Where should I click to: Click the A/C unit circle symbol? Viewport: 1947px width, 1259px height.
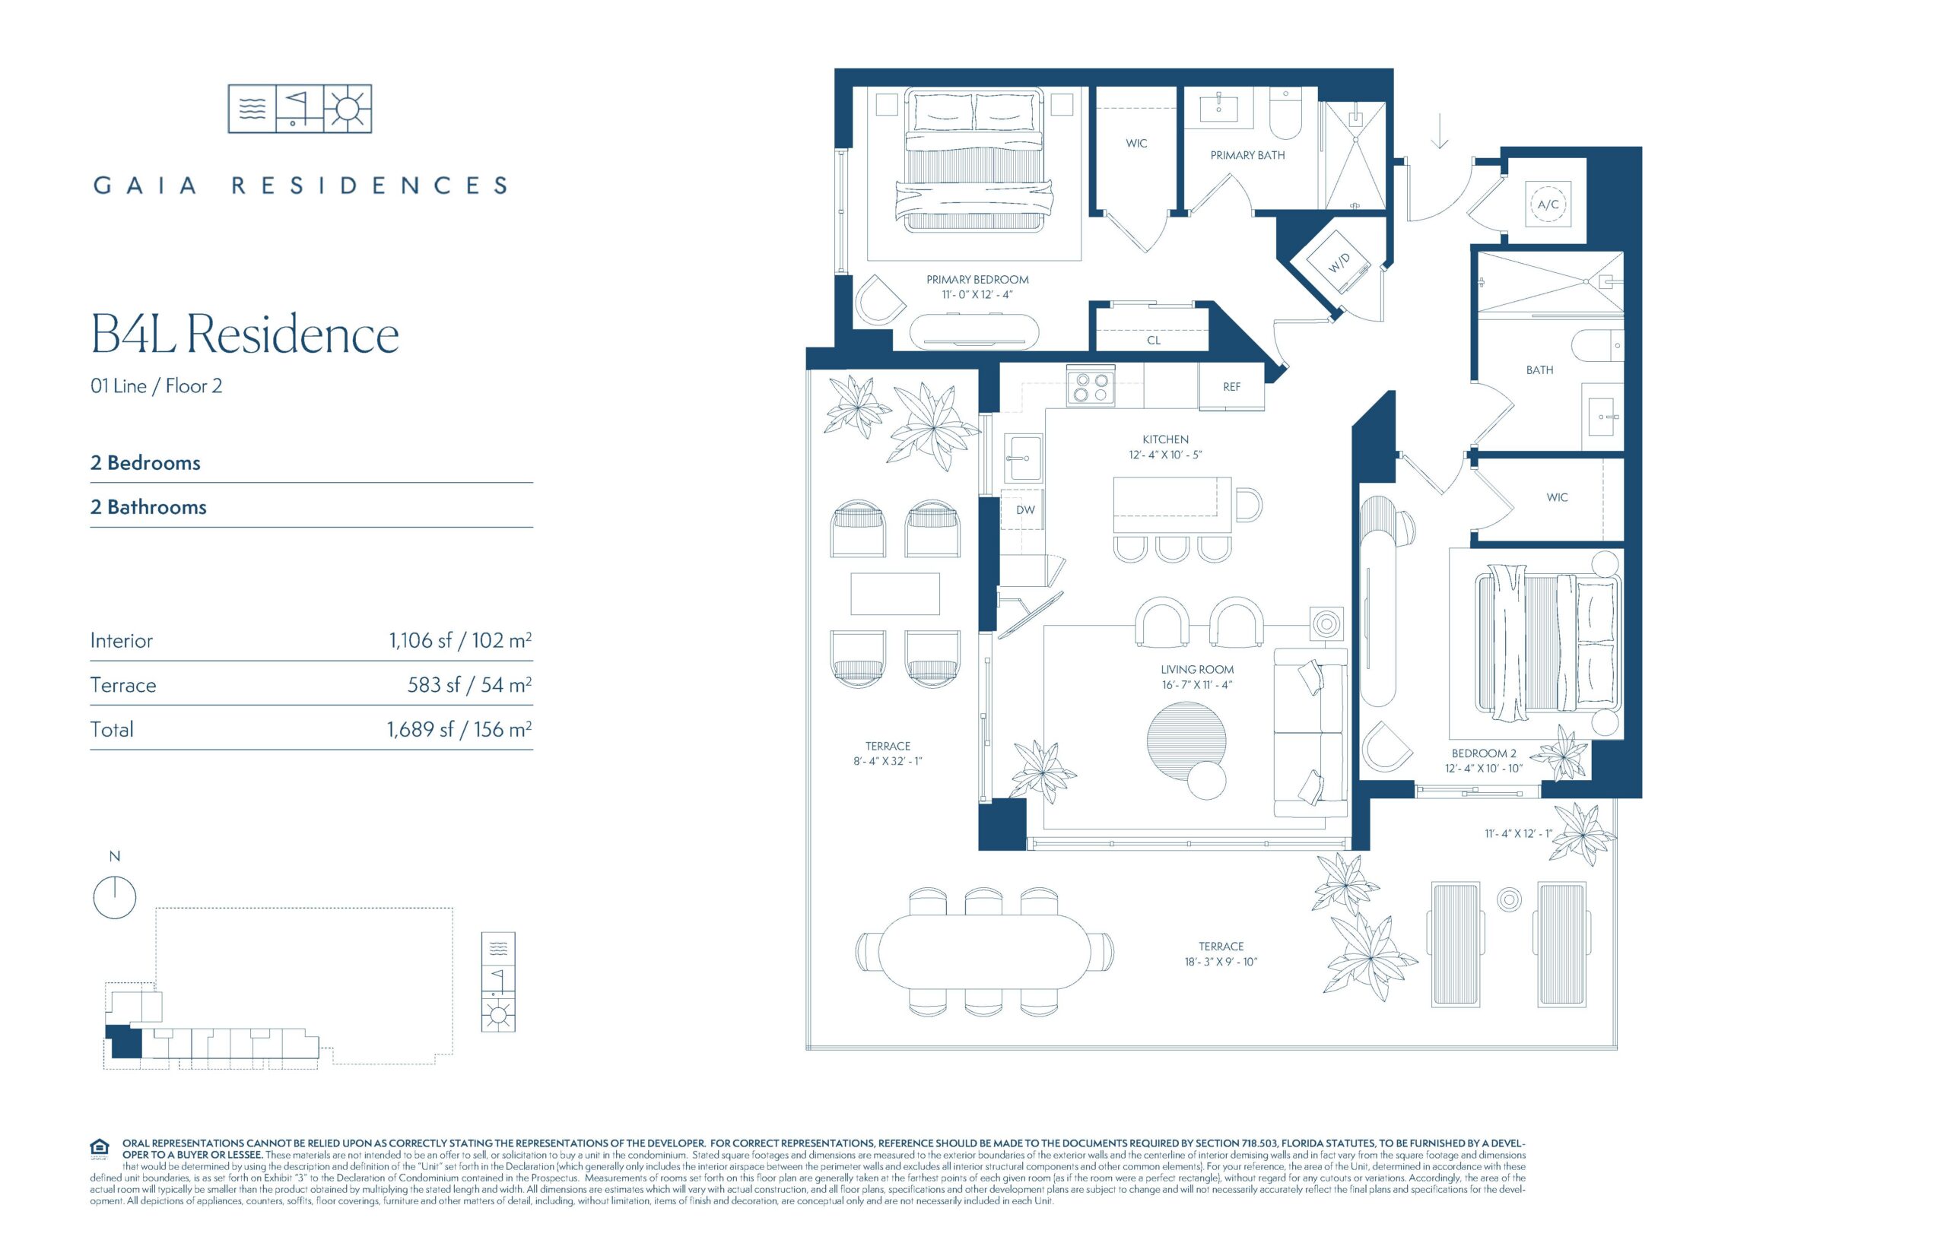point(1547,205)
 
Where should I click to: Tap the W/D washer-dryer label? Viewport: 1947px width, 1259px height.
point(1339,262)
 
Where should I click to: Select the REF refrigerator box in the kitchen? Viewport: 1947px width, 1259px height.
point(1231,387)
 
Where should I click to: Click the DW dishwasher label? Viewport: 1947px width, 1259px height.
point(1025,510)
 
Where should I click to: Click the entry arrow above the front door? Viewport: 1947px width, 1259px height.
point(1439,132)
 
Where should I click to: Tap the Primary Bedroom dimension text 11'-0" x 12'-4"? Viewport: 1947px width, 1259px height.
point(977,294)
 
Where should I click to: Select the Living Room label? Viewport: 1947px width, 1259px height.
point(1197,670)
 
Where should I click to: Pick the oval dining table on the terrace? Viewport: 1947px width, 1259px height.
point(983,953)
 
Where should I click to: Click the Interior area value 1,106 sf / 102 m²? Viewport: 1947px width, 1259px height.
point(460,640)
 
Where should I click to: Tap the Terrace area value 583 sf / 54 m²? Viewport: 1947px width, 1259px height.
point(469,685)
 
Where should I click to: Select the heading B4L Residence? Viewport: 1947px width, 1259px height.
point(244,335)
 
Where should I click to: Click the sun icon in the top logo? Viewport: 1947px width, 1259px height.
point(348,109)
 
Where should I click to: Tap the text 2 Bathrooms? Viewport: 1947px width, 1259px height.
point(148,507)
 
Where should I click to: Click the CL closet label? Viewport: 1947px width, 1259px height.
point(1154,340)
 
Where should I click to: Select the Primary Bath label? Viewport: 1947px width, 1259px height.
point(1247,155)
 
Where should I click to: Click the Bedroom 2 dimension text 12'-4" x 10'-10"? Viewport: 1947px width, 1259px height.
point(1483,769)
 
